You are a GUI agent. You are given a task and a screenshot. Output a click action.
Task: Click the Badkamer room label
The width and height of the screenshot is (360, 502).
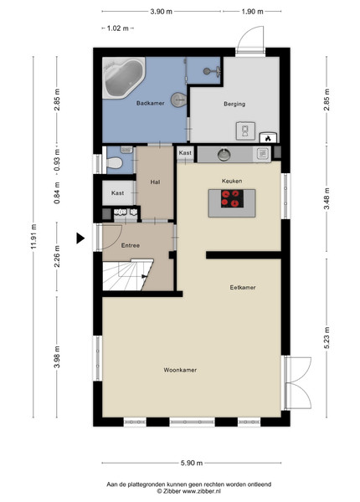pyautogui.click(x=150, y=103)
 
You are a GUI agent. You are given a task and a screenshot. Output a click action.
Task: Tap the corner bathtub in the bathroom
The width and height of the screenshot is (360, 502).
pyautogui.click(x=123, y=78)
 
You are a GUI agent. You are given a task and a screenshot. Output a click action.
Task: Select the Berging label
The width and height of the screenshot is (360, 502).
pyautogui.click(x=234, y=104)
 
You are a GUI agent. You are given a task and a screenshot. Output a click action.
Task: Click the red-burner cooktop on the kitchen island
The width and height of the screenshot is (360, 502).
pyautogui.click(x=232, y=198)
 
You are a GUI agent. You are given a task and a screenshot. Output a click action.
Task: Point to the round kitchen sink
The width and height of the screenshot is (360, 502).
pyautogui.click(x=224, y=155)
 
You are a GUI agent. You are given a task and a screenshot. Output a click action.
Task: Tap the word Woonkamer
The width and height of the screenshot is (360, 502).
pyautogui.click(x=180, y=370)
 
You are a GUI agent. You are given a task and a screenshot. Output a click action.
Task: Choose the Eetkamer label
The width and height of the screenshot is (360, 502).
pyautogui.click(x=243, y=288)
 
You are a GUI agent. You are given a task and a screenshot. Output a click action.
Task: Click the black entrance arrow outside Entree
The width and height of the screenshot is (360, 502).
pyautogui.click(x=80, y=238)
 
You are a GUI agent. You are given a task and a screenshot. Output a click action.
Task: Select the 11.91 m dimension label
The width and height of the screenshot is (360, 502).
pyautogui.click(x=34, y=238)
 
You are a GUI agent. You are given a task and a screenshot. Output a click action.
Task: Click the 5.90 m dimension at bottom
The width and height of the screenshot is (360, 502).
pyautogui.click(x=192, y=463)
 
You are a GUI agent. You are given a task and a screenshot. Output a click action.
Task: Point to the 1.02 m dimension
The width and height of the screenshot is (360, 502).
pyautogui.click(x=118, y=28)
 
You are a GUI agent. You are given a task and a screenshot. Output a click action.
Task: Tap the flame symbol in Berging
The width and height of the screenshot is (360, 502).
pyautogui.click(x=268, y=138)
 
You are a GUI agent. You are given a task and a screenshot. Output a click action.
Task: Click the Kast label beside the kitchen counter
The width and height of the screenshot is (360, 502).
pyautogui.click(x=185, y=153)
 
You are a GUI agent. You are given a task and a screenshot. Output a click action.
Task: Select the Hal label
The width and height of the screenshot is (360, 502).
pyautogui.click(x=155, y=182)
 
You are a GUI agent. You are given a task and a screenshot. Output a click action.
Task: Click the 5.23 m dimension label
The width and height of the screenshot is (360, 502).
pyautogui.click(x=327, y=338)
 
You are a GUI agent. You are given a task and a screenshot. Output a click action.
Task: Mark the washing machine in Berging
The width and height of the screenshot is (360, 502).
pyautogui.click(x=245, y=131)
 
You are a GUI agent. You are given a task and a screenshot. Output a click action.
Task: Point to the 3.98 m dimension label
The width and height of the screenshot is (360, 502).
pyautogui.click(x=57, y=357)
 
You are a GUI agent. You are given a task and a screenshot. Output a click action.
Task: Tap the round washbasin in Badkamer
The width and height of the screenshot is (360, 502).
pyautogui.click(x=177, y=100)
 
